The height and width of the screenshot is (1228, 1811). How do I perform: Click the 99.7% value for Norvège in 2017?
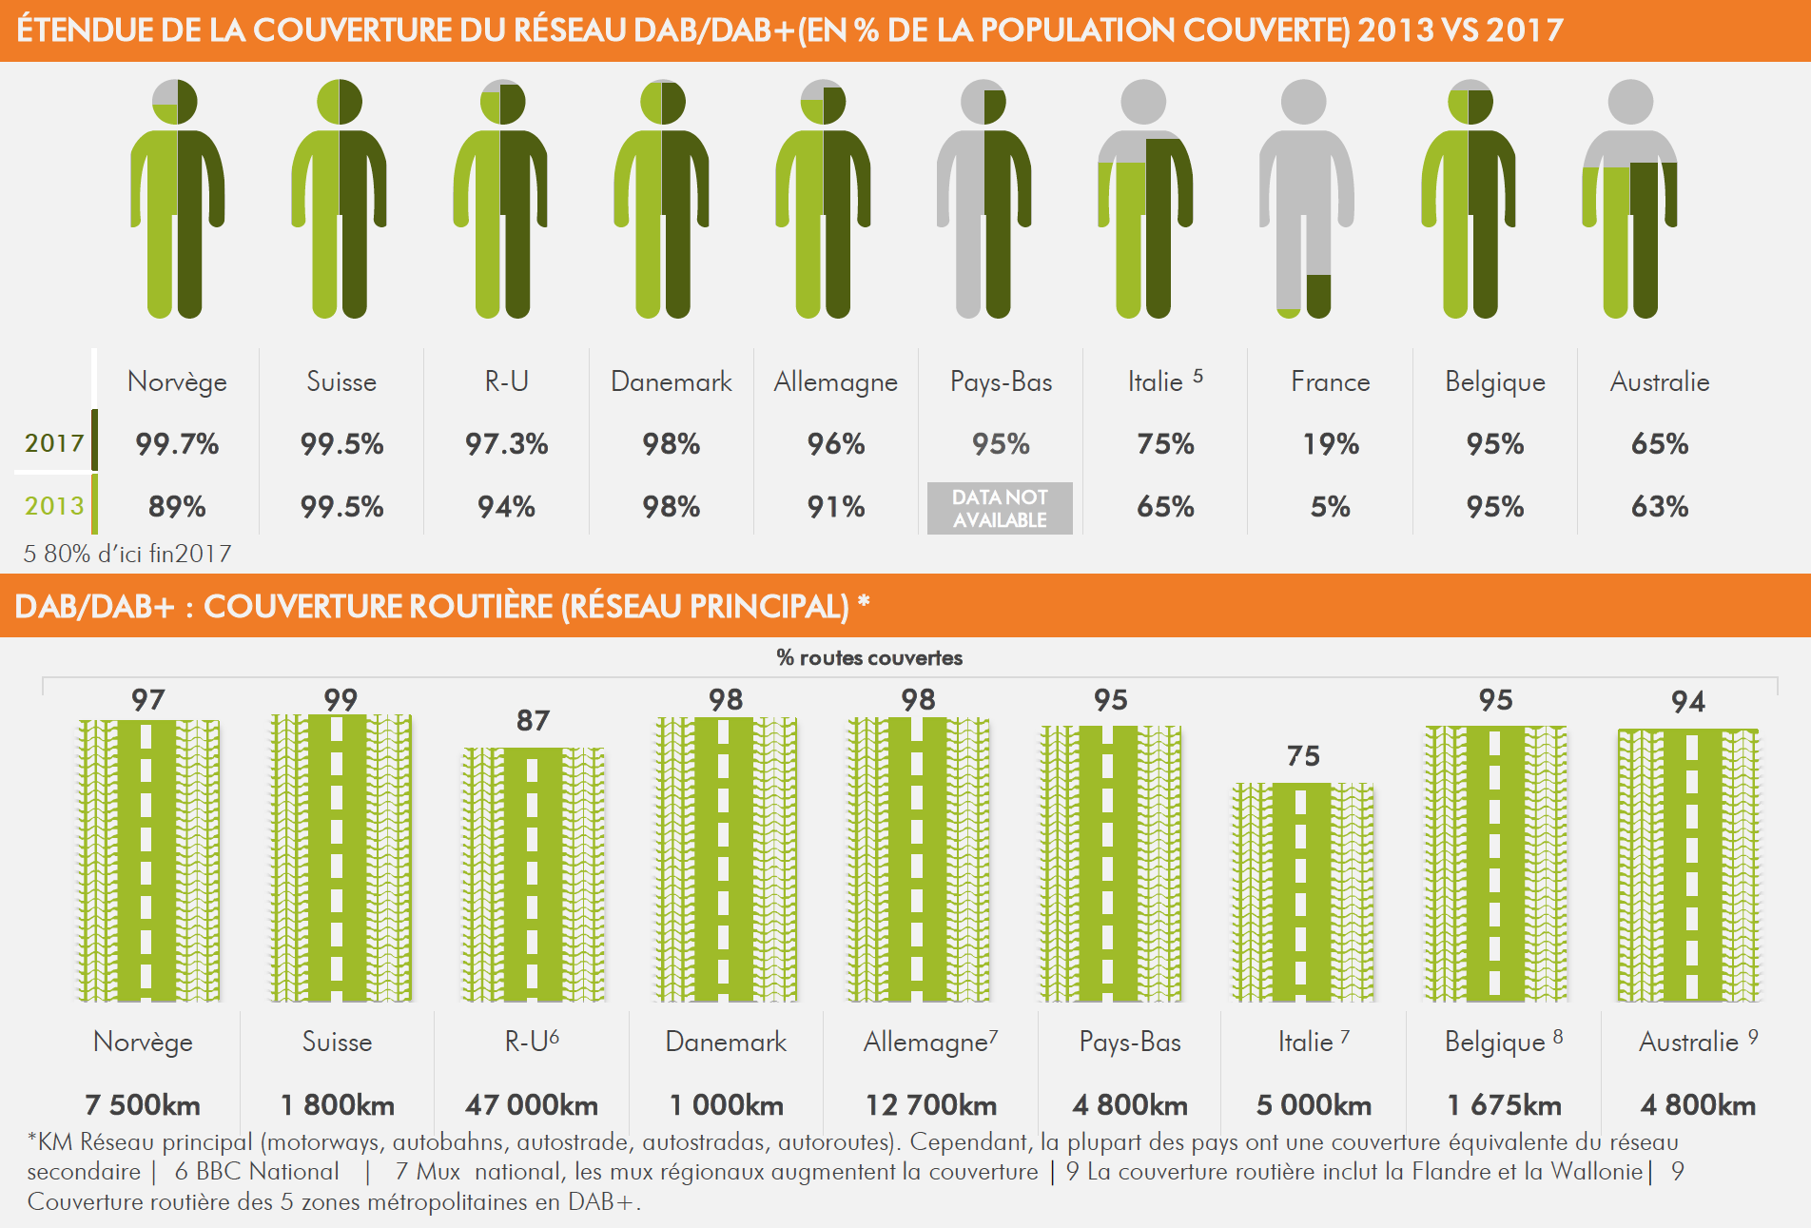coord(177,444)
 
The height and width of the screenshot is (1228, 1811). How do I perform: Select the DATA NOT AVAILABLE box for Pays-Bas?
coord(1000,508)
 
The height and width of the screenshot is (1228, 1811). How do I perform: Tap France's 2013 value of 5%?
coord(1330,507)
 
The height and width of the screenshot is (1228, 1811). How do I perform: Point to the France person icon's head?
coord(1303,102)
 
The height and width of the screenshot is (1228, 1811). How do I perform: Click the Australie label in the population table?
coord(1659,382)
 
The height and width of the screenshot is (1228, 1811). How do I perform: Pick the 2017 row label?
coord(54,443)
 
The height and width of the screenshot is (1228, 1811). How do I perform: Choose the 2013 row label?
coord(54,506)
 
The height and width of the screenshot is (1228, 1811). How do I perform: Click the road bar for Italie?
coord(1302,892)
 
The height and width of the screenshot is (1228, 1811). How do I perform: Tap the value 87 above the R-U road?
coord(533,721)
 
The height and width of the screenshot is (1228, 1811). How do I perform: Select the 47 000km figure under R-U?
coord(532,1105)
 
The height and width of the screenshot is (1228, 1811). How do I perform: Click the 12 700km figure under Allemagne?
coord(930,1105)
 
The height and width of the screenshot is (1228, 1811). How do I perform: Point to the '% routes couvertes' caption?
coord(869,658)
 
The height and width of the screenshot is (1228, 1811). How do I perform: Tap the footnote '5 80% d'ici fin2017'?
coord(127,554)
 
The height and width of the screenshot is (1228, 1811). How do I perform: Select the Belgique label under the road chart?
coord(1494,1043)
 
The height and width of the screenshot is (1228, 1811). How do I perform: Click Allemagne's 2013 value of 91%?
coord(836,507)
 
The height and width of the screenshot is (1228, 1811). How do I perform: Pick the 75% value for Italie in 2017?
coord(1165,444)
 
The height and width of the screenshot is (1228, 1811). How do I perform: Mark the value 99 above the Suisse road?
coord(341,700)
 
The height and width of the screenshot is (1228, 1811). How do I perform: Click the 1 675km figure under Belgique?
coord(1504,1105)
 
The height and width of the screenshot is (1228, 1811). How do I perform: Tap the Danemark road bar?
coord(726,860)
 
